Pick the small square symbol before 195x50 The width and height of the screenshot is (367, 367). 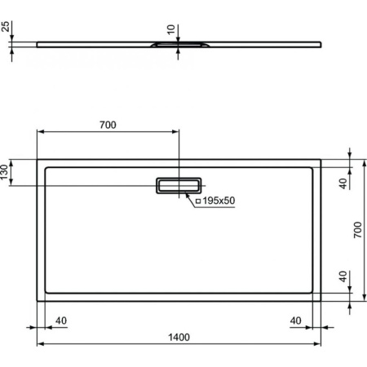point(198,201)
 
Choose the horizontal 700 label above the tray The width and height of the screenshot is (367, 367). point(107,125)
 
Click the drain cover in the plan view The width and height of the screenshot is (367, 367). point(179,185)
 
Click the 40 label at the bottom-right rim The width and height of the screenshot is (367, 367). point(296,320)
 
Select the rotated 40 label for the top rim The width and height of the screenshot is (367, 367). point(343,183)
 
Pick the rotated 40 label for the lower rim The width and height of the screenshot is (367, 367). point(343,276)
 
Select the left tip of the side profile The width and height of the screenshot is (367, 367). point(38,43)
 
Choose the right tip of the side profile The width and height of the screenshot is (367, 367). point(321,43)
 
